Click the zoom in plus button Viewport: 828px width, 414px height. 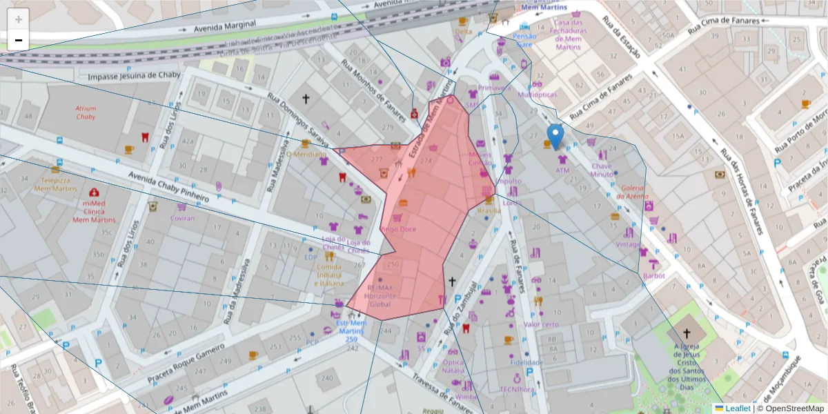(x=19, y=19)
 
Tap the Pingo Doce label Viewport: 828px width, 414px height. (x=398, y=228)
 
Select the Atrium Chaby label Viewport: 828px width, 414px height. (x=86, y=112)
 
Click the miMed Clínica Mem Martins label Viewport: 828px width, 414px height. (x=94, y=210)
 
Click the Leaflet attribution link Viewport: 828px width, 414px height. (x=738, y=408)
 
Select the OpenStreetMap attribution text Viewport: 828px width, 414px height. (x=791, y=408)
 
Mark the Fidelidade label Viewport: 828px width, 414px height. (x=526, y=362)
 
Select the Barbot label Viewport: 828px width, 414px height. (x=653, y=275)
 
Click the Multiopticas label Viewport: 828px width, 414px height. (x=537, y=94)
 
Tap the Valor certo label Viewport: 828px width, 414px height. (x=541, y=324)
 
